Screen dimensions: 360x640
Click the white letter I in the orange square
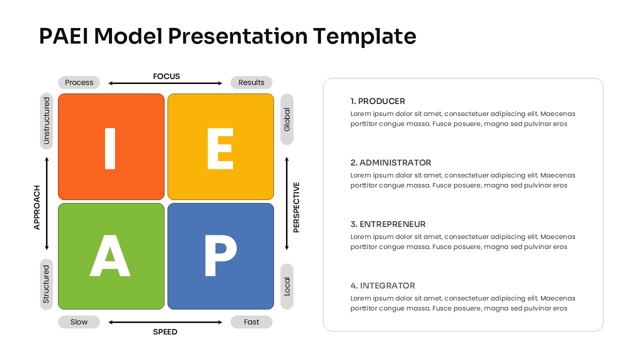click(x=110, y=148)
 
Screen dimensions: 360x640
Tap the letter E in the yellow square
click(x=220, y=148)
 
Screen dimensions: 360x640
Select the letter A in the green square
click(x=110, y=256)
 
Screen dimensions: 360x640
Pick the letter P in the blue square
click(x=220, y=256)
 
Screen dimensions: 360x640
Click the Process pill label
click(x=79, y=82)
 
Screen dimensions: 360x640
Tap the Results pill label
click(x=251, y=82)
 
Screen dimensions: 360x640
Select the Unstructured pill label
click(x=46, y=121)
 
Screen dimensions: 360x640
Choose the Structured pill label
click(x=46, y=284)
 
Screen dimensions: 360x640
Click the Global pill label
click(x=287, y=119)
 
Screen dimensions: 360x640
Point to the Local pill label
click(x=287, y=286)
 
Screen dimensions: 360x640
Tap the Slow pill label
click(x=79, y=322)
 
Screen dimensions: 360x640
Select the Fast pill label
click(x=251, y=322)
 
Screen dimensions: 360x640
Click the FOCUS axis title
click(x=166, y=76)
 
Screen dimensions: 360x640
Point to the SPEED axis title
click(x=165, y=332)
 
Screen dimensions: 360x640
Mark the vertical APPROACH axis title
click(x=37, y=207)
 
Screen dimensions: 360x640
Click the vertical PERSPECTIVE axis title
click(x=296, y=207)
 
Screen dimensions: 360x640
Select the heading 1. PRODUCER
click(x=377, y=101)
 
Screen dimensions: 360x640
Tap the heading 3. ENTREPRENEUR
click(x=388, y=224)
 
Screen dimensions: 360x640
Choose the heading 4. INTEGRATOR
click(x=382, y=285)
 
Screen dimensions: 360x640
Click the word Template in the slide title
click(x=364, y=36)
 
